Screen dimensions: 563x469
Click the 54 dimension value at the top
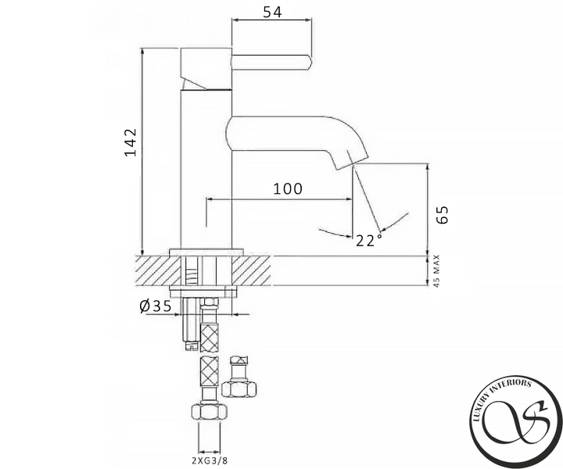coord(273,12)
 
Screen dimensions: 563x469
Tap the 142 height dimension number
coord(131,142)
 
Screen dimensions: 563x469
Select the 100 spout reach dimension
coord(288,188)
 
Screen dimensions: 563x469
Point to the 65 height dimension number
coord(443,215)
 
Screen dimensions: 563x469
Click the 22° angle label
coord(369,241)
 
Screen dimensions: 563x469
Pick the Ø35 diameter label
coord(156,306)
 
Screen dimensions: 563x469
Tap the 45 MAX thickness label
coord(436,271)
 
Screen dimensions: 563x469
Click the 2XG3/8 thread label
coord(210,460)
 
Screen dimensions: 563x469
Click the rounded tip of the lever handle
coord(308,63)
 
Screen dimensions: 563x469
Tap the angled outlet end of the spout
coord(352,163)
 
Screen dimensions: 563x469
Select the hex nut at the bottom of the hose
coord(209,412)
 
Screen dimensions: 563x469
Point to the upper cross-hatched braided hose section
coord(210,338)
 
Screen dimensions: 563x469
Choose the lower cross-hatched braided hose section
coord(209,371)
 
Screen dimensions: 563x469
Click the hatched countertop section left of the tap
coord(157,271)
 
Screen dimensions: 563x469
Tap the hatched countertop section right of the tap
coord(251,271)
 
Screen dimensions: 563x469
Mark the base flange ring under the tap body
coord(206,252)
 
